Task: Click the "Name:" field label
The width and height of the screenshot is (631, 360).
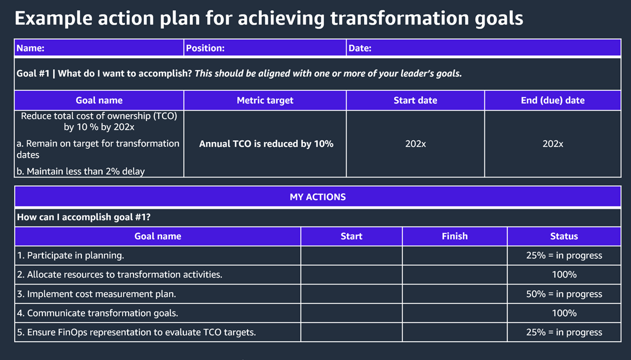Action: [x=31, y=48]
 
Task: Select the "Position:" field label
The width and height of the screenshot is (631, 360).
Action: [x=205, y=48]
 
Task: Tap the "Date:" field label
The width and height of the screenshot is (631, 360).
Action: [x=360, y=48]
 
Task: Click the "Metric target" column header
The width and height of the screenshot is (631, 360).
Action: [x=265, y=101]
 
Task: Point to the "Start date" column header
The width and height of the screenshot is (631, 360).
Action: [x=415, y=101]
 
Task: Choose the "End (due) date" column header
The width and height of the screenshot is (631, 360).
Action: [x=553, y=101]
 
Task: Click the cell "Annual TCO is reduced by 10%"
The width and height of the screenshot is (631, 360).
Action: [x=266, y=144]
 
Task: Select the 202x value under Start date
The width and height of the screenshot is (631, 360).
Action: [x=415, y=144]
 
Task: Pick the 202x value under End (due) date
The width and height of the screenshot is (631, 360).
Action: [x=553, y=144]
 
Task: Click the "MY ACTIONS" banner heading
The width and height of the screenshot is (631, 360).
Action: [x=317, y=197]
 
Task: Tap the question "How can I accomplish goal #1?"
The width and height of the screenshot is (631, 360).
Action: [x=84, y=217]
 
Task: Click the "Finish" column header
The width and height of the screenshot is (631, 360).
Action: [x=455, y=236]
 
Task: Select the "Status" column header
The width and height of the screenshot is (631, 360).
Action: [x=564, y=236]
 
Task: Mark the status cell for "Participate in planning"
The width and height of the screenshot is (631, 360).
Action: [x=564, y=255]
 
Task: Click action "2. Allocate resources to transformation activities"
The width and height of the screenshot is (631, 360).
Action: [x=120, y=275]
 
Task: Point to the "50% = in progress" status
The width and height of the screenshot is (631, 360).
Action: [x=564, y=294]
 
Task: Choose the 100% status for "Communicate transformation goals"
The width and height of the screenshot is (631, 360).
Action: [x=564, y=313]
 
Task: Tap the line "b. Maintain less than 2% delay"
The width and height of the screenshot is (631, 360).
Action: [x=81, y=172]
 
